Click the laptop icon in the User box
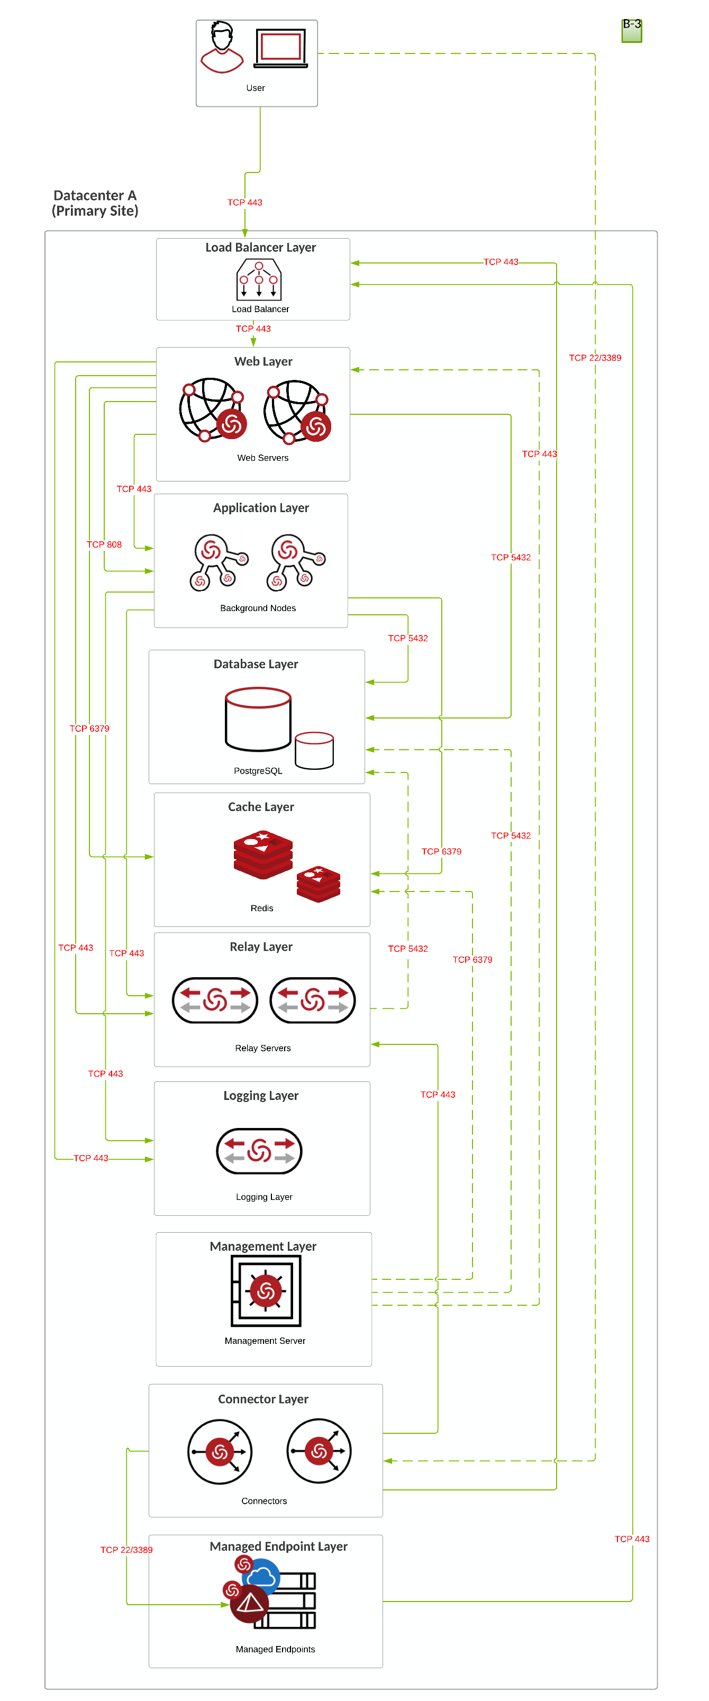tap(280, 48)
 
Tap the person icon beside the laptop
tap(222, 48)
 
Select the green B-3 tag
tap(631, 30)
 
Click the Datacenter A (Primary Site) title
tap(95, 203)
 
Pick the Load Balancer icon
tap(259, 279)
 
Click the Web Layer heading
tap(263, 362)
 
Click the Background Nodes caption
tap(258, 608)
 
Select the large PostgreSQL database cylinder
tap(258, 720)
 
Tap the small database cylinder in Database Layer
tap(314, 751)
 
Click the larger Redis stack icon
tap(263, 855)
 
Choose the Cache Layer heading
tap(261, 807)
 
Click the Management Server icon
tap(266, 1291)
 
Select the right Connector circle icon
tap(319, 1451)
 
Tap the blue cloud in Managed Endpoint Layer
tap(262, 1578)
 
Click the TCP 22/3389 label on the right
tap(595, 358)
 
